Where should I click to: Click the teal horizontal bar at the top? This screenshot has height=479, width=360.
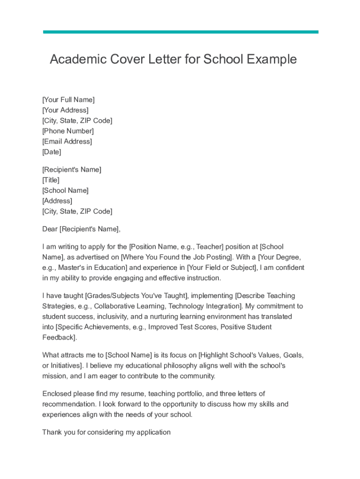click(180, 32)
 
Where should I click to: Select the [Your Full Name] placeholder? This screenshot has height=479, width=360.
click(68, 100)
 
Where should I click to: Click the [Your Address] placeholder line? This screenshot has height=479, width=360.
click(65, 110)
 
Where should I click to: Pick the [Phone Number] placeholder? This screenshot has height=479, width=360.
click(68, 131)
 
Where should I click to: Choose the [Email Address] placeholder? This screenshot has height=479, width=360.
click(67, 141)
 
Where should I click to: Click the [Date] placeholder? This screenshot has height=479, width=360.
click(51, 152)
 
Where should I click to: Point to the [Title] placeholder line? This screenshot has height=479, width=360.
click(50, 180)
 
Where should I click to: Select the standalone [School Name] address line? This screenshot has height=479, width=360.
click(65, 190)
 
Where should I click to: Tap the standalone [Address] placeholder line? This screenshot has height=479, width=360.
click(57, 201)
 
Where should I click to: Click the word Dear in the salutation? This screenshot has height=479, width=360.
click(50, 229)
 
